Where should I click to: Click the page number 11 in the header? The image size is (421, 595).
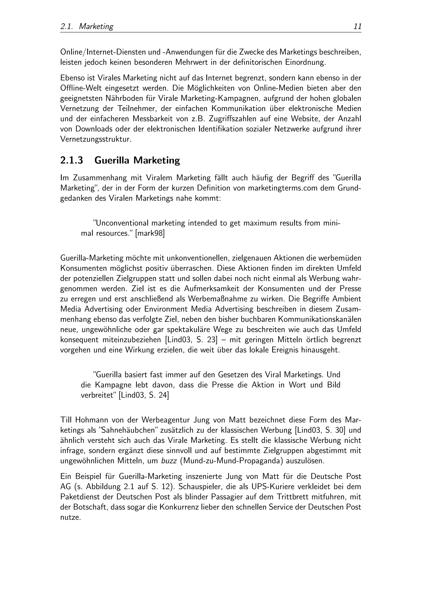[x=357, y=26]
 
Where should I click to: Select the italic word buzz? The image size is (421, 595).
[x=167, y=461]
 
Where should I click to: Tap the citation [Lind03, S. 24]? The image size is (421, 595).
[x=144, y=395]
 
